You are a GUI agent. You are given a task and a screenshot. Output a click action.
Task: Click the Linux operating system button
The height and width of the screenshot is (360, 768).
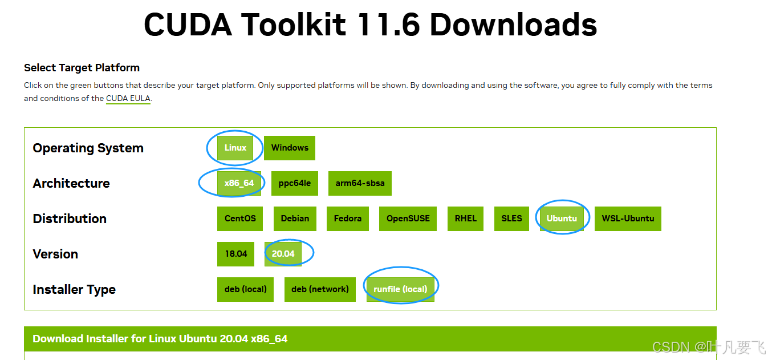(x=235, y=148)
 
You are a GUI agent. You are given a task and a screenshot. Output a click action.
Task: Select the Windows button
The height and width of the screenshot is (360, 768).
(x=290, y=148)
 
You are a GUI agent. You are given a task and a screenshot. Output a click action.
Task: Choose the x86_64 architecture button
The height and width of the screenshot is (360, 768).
(x=239, y=183)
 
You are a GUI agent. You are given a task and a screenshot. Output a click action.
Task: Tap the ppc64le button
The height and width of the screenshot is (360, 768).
(x=294, y=183)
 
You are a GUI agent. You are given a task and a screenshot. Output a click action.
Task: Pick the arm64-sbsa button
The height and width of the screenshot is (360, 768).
(x=360, y=183)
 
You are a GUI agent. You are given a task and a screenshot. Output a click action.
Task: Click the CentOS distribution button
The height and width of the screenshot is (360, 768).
(x=240, y=219)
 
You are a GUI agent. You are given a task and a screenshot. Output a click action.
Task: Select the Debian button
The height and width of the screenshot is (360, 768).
(x=295, y=219)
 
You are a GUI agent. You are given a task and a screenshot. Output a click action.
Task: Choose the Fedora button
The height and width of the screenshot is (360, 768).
(x=348, y=219)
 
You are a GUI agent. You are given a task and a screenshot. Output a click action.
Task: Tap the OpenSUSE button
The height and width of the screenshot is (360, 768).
(x=408, y=219)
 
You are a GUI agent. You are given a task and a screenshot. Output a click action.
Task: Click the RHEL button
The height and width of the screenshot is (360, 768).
(x=465, y=219)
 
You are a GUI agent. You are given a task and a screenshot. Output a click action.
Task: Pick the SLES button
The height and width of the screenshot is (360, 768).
(x=511, y=219)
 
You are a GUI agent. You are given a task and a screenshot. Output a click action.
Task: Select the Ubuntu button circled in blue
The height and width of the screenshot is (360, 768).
(x=562, y=219)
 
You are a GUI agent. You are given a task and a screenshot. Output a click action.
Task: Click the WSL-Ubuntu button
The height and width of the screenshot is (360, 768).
(x=628, y=219)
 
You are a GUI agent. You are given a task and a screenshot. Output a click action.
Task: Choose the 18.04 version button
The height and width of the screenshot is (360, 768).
(x=235, y=254)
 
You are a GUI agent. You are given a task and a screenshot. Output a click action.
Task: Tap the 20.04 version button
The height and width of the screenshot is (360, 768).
(x=283, y=254)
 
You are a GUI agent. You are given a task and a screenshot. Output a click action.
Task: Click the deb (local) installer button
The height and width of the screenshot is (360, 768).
(x=245, y=289)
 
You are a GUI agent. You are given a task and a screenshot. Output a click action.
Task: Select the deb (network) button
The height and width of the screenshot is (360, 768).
(x=320, y=289)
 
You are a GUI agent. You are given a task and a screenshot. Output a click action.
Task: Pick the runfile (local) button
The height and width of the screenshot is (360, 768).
(x=400, y=289)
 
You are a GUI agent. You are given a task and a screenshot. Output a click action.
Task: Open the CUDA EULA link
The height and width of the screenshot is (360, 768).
(x=128, y=98)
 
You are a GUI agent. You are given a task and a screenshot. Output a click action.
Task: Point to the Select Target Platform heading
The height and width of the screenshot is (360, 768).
(x=82, y=68)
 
